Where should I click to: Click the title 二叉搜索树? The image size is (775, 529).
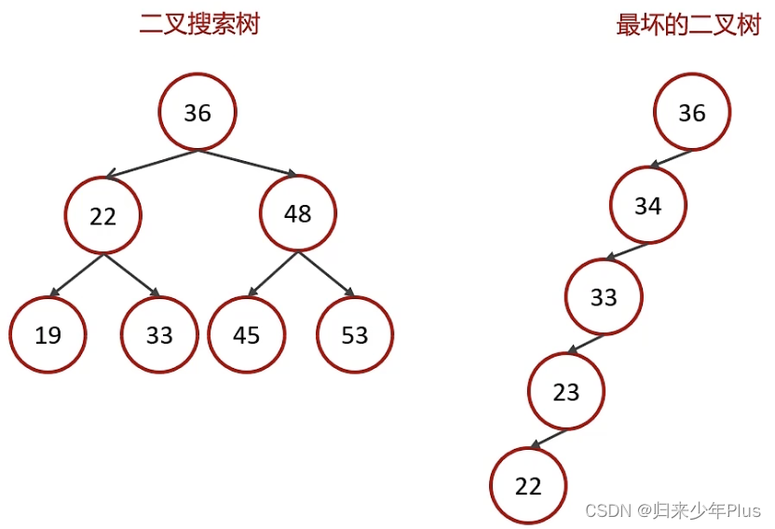(198, 24)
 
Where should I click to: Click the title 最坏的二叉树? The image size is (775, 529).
(688, 24)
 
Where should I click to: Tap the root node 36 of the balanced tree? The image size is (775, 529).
(197, 113)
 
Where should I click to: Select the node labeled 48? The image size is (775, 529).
(297, 214)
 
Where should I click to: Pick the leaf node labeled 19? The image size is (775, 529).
(48, 334)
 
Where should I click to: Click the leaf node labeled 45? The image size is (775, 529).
(246, 334)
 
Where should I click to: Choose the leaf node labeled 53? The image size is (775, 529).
(355, 334)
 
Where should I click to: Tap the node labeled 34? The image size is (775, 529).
(648, 205)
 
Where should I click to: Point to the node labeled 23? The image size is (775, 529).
(566, 392)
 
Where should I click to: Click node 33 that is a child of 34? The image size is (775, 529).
(604, 297)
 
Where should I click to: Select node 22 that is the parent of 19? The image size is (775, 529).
(102, 215)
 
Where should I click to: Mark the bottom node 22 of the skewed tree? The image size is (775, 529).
(528, 485)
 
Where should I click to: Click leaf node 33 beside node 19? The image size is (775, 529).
(159, 334)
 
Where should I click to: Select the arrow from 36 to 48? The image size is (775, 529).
(248, 162)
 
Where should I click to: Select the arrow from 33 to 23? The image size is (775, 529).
(587, 345)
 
